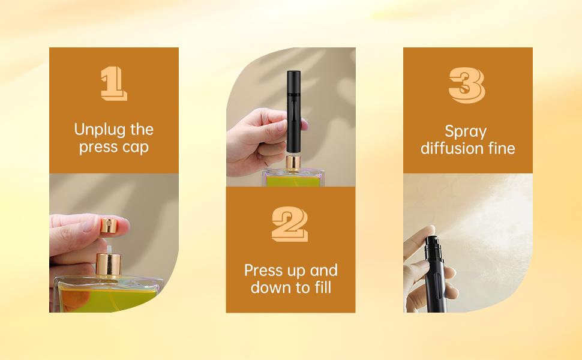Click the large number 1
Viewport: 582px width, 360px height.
113,83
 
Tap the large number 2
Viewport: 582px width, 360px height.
290,224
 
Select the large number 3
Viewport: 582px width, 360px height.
467,85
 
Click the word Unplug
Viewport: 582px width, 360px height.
95,130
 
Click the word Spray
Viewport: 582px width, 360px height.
466,131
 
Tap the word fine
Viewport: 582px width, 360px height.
501,148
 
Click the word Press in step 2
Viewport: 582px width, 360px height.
262,270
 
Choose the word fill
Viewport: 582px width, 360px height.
320,287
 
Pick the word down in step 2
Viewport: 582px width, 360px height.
269,287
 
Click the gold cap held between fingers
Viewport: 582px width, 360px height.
111,225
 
